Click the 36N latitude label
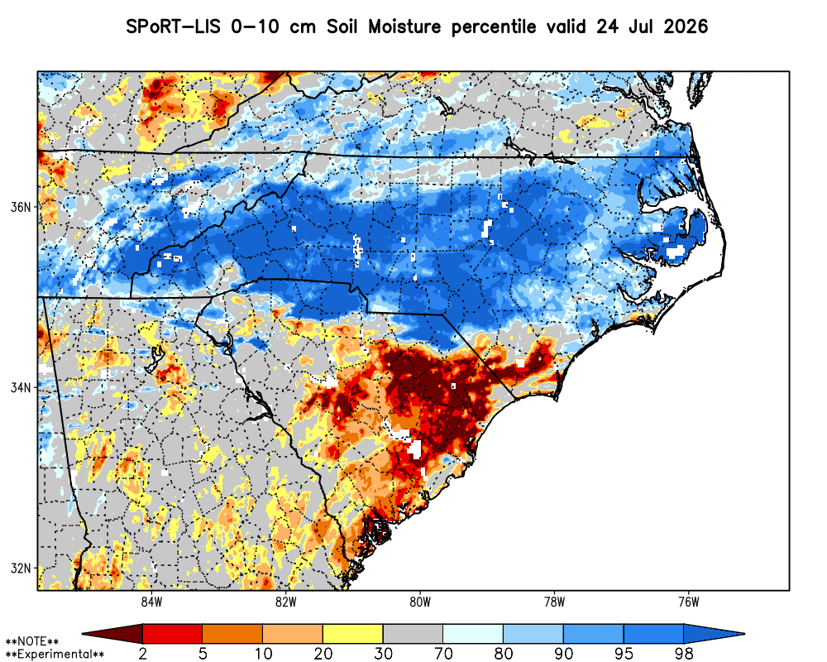21,207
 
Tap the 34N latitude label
21,387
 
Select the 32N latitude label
21,568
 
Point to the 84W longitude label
151,602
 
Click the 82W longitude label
286,602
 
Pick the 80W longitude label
420,602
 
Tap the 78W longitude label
554,602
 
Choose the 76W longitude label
689,602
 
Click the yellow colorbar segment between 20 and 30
353,634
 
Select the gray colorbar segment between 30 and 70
413,634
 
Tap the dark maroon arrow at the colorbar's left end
112,634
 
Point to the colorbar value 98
684,654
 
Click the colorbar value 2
142,654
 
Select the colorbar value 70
443,654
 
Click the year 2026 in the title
685,26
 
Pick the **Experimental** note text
55,654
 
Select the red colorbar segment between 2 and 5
173,634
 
